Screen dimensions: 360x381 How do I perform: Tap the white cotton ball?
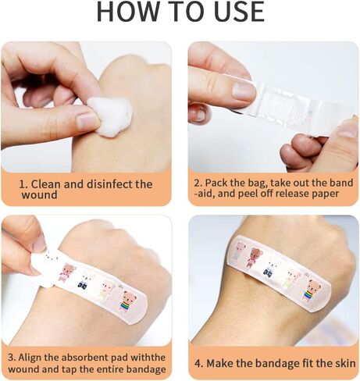(x=109, y=116)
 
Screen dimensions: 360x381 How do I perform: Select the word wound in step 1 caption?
(x=39, y=195)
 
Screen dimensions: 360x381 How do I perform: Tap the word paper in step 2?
(x=326, y=194)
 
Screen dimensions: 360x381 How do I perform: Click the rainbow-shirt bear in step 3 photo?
(x=130, y=300)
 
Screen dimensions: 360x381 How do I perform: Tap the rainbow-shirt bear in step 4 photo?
(x=312, y=290)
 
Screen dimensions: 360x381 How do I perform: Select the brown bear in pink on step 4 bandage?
(x=255, y=258)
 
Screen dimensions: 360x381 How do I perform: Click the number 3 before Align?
(x=11, y=358)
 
